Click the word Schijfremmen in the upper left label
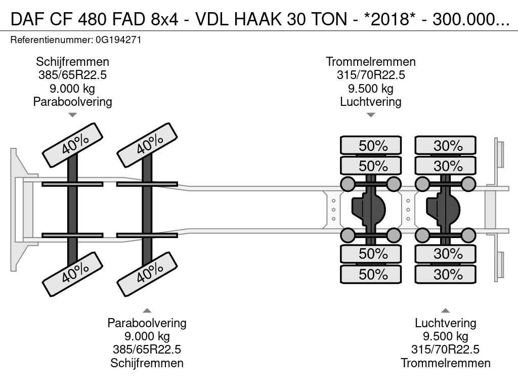tap(72, 62)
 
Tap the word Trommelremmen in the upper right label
tap(371, 62)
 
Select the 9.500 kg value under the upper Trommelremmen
tap(371, 89)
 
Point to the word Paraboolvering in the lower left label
tap(147, 323)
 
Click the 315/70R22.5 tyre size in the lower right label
tap(446, 349)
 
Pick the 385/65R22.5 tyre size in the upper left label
tap(72, 75)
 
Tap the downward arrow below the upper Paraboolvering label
tap(72, 115)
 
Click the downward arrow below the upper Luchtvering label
tap(371, 115)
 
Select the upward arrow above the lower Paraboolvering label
tap(147, 310)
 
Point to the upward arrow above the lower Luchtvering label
tap(446, 310)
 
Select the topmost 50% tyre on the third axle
tap(371, 145)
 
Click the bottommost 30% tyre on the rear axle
tap(446, 274)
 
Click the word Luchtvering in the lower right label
tap(446, 323)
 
